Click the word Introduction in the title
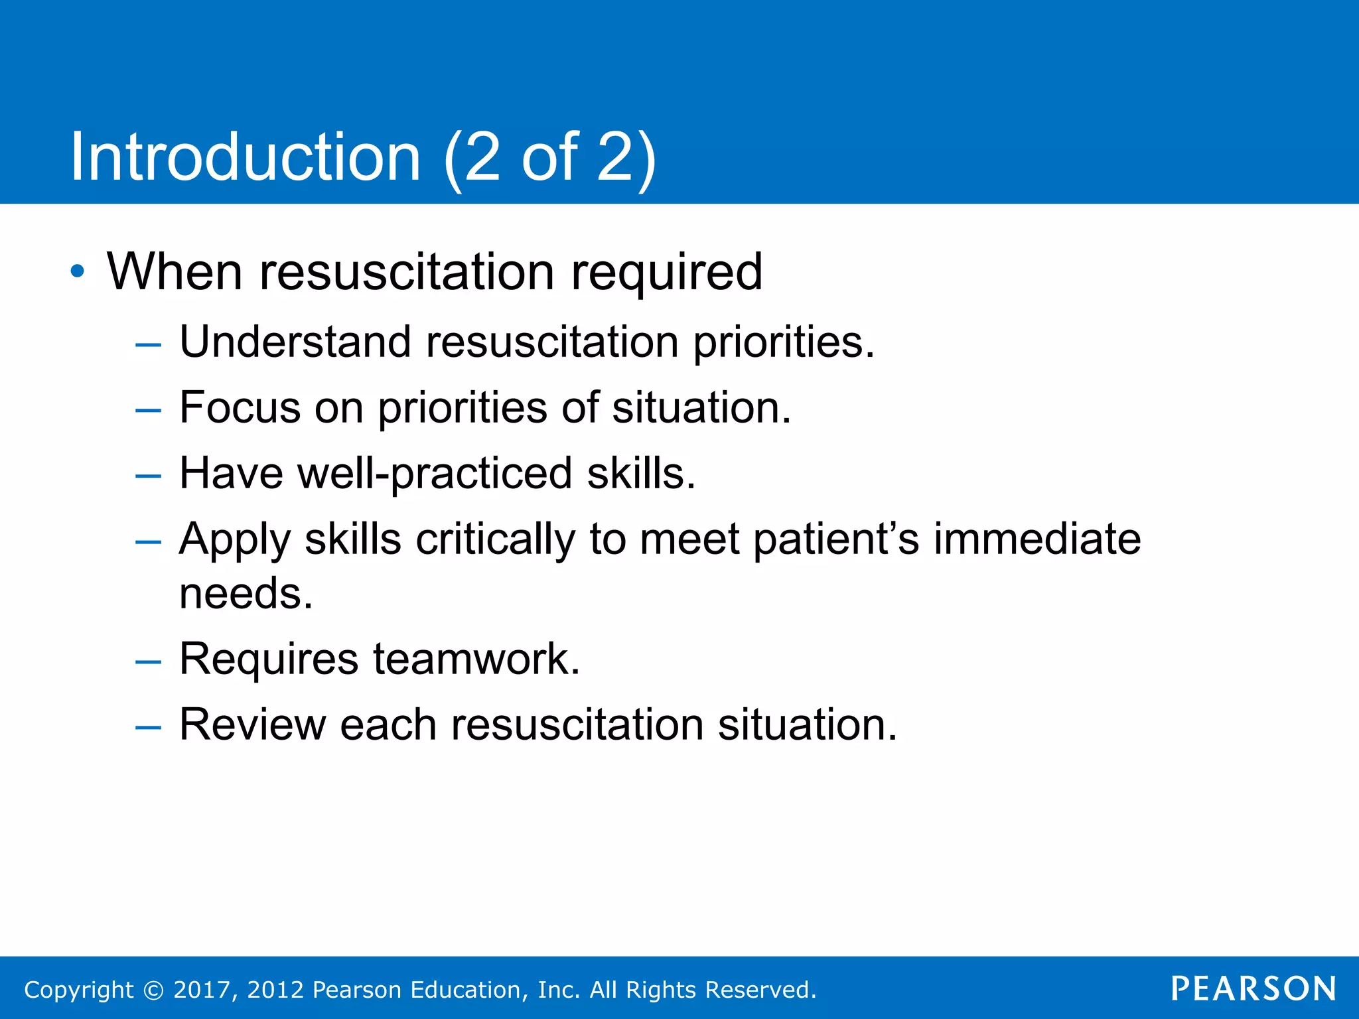[246, 157]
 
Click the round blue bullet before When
[78, 271]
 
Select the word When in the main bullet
[175, 272]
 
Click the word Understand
[295, 342]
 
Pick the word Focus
[240, 407]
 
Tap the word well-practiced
[435, 474]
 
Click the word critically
[495, 539]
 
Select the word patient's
[836, 539]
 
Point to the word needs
[246, 593]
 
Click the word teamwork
[476, 659]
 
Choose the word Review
[252, 724]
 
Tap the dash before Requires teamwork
[147, 662]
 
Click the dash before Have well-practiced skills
[147, 476]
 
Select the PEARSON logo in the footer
[1253, 988]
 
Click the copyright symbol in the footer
[153, 990]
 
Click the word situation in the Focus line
[701, 407]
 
